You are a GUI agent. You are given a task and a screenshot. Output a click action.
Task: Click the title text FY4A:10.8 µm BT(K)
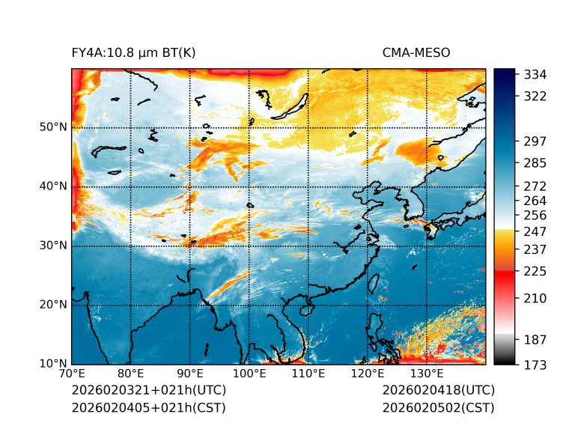point(134,52)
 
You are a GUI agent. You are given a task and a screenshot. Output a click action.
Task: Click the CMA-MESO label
point(416,52)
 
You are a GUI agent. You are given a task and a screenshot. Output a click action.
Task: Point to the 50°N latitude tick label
point(52,127)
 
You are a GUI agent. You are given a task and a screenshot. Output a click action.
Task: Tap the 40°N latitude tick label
point(52,186)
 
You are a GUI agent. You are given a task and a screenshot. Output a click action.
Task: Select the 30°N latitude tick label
point(52,246)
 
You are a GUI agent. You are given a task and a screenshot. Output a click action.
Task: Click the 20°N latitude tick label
point(52,305)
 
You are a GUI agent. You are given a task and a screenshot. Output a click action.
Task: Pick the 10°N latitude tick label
point(52,364)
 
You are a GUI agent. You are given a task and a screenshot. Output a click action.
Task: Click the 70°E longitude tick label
point(72,374)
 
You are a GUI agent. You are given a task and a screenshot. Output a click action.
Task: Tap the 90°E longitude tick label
point(190,374)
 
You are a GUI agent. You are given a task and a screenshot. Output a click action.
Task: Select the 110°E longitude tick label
point(308,374)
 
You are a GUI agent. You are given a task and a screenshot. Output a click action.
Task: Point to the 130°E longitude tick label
point(427,374)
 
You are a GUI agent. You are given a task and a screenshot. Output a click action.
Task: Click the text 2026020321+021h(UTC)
point(148,390)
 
